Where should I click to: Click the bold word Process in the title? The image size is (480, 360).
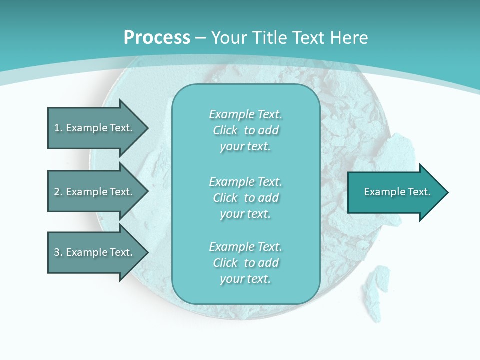pyautogui.click(x=157, y=38)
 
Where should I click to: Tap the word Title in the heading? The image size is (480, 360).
pyautogui.click(x=270, y=38)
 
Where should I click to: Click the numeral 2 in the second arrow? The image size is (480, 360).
pyautogui.click(x=57, y=192)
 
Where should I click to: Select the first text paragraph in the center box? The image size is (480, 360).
pyautogui.click(x=245, y=130)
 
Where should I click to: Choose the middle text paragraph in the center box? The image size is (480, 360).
pyautogui.click(x=245, y=198)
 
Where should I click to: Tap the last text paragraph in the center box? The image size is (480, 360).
pyautogui.click(x=245, y=263)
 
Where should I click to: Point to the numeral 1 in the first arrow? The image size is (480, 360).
pyautogui.click(x=57, y=128)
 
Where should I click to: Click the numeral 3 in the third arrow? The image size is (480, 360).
pyautogui.click(x=57, y=252)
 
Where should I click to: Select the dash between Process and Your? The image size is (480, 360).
pyautogui.click(x=200, y=38)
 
